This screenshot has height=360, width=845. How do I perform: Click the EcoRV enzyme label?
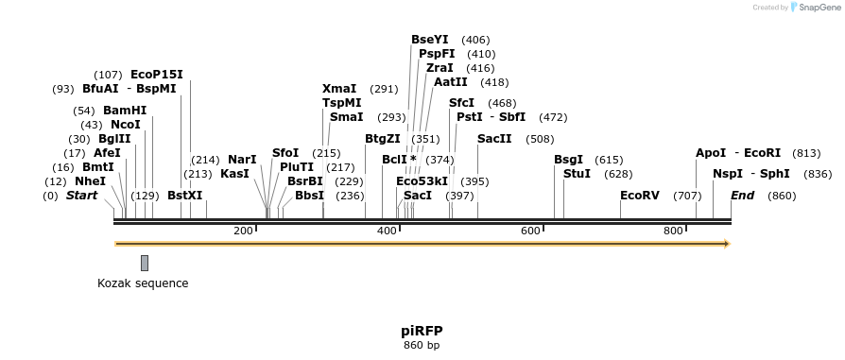[x=640, y=196]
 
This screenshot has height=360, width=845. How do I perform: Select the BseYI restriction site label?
[x=430, y=40]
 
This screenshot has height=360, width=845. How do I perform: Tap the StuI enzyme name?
[x=577, y=174]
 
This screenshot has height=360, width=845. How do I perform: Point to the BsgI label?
[x=569, y=160]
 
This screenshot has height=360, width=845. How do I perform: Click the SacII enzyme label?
[x=494, y=139]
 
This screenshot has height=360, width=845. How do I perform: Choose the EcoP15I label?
[x=157, y=75]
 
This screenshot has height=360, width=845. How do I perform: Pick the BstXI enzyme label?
[x=185, y=196]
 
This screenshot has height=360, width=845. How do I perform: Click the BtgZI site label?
[x=383, y=139]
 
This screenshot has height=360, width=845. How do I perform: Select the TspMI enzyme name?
[x=342, y=103]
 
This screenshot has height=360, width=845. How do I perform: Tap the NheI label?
[x=91, y=181]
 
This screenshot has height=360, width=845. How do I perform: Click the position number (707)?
[x=687, y=196]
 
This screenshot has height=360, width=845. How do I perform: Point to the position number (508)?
[x=540, y=139]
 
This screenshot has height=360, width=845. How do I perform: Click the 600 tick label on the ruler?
[x=530, y=231]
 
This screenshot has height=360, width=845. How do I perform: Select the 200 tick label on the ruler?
[x=243, y=231]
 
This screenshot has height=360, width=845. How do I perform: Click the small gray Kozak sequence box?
[x=145, y=263]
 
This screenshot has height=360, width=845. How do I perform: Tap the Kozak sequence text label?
[x=143, y=283]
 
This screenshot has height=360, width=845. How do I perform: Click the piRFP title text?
[x=422, y=331]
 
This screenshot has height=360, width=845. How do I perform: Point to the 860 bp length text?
[x=422, y=345]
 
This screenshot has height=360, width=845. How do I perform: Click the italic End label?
[x=743, y=196]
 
